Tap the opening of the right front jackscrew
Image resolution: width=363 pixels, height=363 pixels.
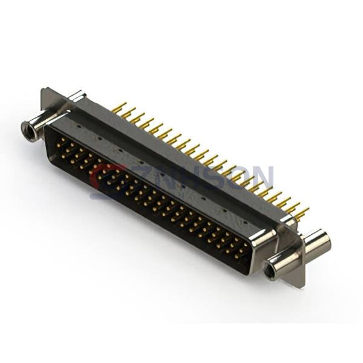coord(273,264)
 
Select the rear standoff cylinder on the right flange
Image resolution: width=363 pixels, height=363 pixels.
coord(316,243)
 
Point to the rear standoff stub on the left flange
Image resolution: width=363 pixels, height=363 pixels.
coord(77,96)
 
